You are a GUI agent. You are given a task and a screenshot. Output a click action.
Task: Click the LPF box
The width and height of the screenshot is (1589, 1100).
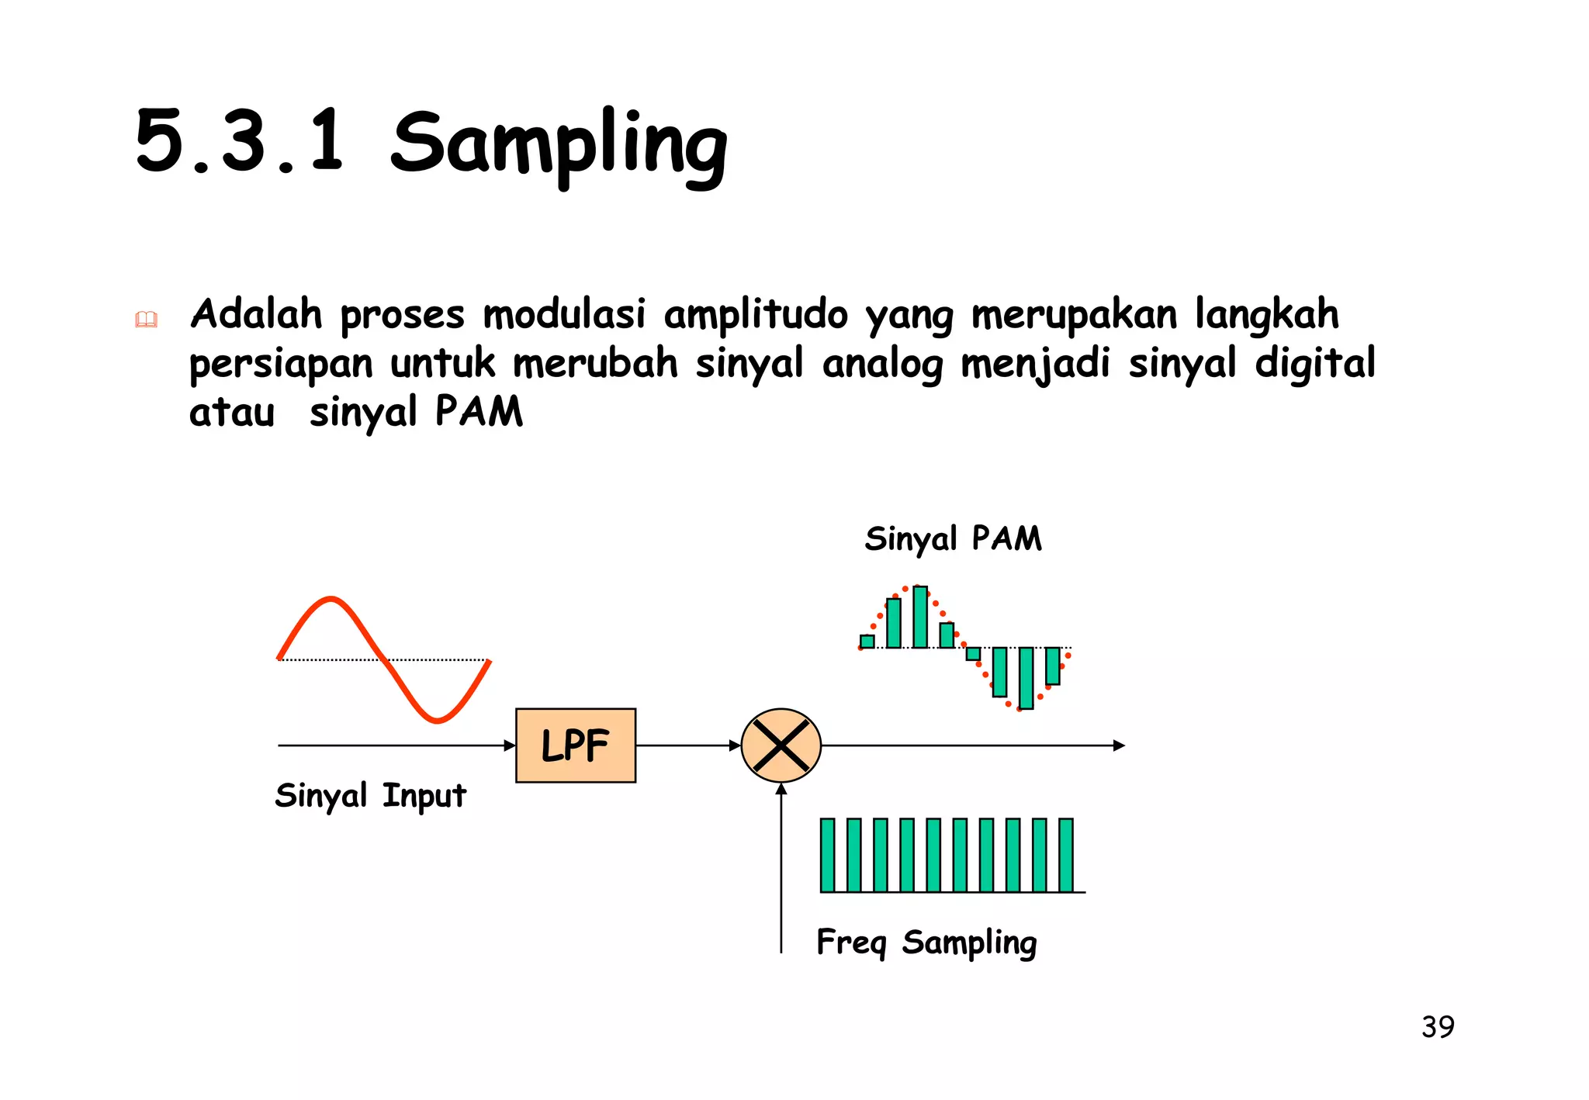coord(575,745)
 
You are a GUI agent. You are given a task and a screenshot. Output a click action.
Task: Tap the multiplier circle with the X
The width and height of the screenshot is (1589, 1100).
coord(781,745)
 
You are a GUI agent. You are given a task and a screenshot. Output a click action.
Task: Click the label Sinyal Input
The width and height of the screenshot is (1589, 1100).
coord(370,796)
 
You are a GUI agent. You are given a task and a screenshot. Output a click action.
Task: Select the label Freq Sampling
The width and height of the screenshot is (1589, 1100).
coord(926,943)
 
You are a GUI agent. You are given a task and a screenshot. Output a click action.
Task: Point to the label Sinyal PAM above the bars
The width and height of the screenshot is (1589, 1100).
coord(953,538)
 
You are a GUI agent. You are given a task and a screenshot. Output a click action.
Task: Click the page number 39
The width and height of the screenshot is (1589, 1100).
coord(1438,1027)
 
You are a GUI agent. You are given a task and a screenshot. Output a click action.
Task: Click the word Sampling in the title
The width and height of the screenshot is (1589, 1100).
coord(559,144)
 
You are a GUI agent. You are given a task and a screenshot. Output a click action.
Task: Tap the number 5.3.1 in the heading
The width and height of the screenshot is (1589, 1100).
coord(239,141)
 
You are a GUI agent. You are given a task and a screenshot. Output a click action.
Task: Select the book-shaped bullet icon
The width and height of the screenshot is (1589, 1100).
coord(146,319)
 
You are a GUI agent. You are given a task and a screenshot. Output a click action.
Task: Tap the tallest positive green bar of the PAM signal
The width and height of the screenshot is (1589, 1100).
coord(920,617)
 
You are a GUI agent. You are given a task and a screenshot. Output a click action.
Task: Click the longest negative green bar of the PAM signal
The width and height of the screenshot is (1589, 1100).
coord(1026,678)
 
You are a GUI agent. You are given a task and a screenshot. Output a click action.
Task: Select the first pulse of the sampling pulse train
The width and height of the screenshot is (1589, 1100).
coord(827,855)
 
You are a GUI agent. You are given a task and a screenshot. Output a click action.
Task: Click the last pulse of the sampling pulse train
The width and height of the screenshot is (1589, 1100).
coord(1066,855)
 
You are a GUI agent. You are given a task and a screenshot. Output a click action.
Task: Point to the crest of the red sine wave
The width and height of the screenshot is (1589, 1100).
coord(331,598)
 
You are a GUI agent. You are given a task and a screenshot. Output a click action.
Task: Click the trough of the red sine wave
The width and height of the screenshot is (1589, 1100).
coord(438,721)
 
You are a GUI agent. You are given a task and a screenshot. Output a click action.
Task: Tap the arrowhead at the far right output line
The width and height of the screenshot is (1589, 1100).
coord(1119,745)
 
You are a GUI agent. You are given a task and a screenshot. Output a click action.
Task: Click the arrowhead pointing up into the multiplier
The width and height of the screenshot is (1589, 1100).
coord(781,789)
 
